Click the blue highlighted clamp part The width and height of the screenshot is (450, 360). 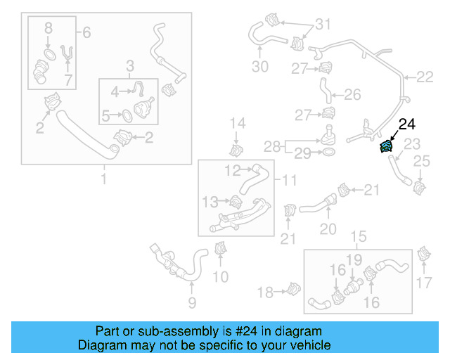(387, 147)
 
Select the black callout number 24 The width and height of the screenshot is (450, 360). (407, 125)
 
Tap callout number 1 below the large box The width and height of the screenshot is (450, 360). (105, 180)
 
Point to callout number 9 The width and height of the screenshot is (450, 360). (191, 304)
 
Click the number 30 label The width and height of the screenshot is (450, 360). (259, 67)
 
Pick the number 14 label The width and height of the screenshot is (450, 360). (238, 124)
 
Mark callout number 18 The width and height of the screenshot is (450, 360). (265, 292)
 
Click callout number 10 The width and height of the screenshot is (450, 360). (220, 276)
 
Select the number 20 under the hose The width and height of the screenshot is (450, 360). (328, 229)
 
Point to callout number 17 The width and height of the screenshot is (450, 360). (424, 283)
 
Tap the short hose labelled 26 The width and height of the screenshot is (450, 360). (326, 90)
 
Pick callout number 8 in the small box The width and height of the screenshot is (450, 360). (48, 29)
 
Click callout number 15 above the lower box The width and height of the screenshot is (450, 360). (359, 237)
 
